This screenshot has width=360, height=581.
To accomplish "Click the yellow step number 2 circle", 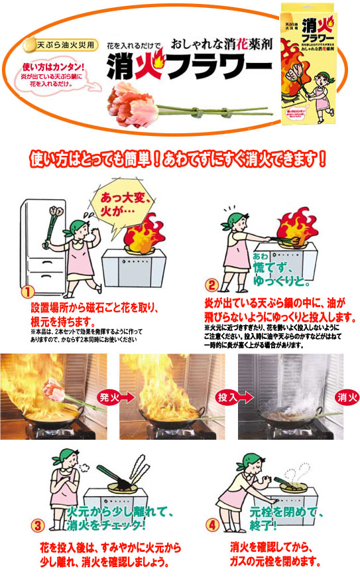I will pyautogui.click(x=211, y=286).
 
